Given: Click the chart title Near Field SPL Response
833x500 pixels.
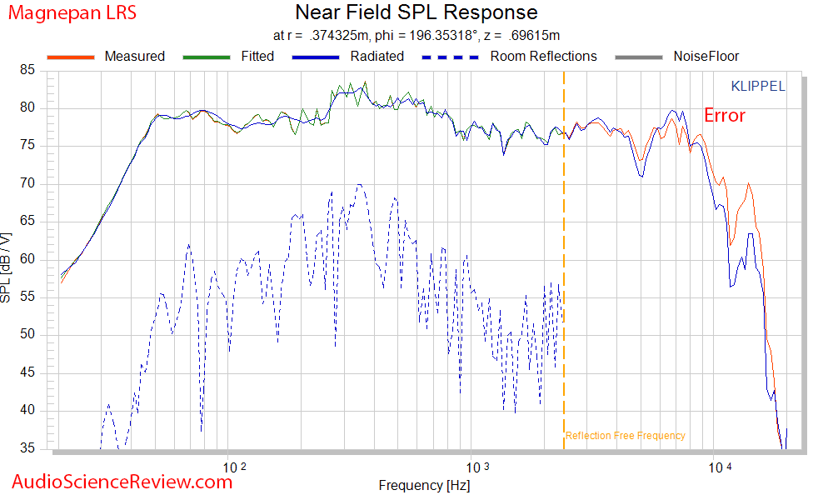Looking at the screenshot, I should click(x=416, y=13).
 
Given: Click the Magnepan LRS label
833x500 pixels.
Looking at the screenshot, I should click(x=72, y=13).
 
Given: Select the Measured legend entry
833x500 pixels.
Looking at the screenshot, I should click(x=134, y=57).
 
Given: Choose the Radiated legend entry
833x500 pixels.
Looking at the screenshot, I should click(x=377, y=57).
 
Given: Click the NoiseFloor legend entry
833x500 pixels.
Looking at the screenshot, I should click(x=706, y=57).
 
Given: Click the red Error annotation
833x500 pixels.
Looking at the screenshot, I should click(x=725, y=116).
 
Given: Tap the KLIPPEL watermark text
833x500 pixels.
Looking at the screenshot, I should click(x=757, y=86).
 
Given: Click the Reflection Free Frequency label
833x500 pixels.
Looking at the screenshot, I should click(x=625, y=436).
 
